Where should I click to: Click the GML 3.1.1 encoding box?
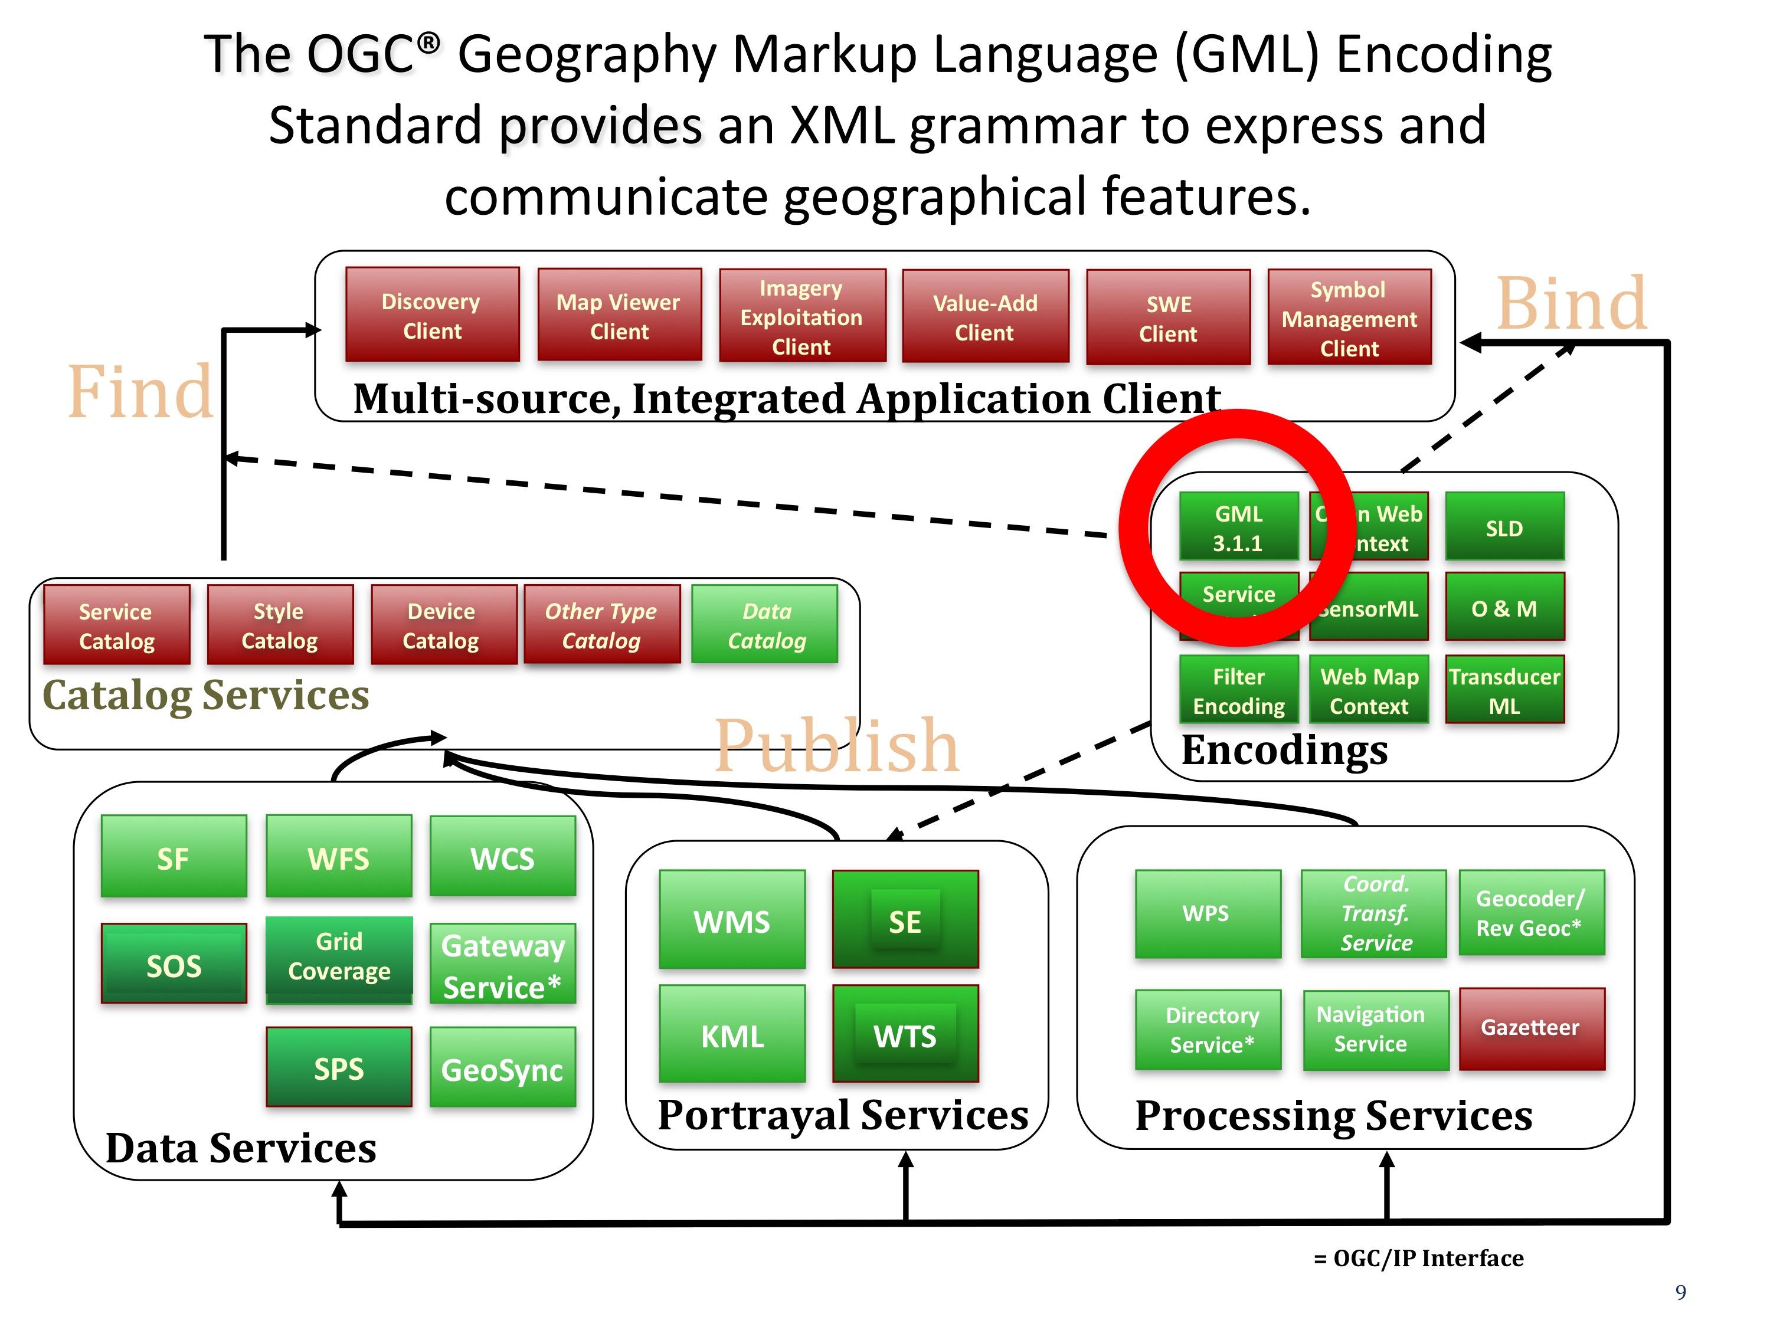click(x=1238, y=528)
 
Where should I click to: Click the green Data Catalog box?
click(x=765, y=625)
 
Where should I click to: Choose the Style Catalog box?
click(x=279, y=625)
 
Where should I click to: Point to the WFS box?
click(x=338, y=857)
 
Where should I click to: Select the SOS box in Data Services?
click(x=174, y=965)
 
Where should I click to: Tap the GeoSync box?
click(x=502, y=1069)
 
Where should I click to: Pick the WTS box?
click(x=905, y=1035)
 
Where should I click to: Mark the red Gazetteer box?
click(x=1532, y=1028)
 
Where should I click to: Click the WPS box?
click(x=1207, y=913)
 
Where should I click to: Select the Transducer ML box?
click(x=1504, y=690)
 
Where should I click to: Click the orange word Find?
click(x=141, y=392)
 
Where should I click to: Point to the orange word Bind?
click(x=1572, y=304)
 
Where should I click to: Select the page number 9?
click(x=1680, y=1292)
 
